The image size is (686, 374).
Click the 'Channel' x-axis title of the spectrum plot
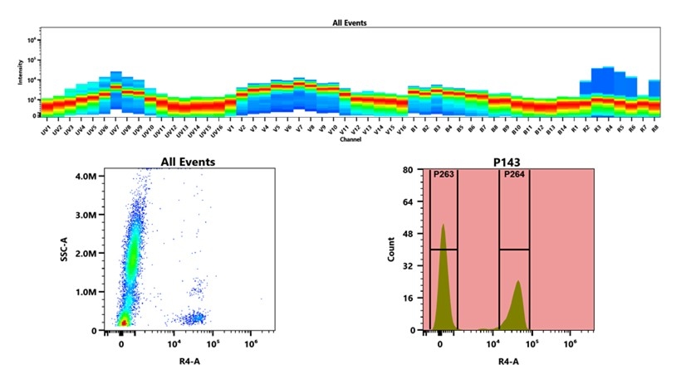(350, 139)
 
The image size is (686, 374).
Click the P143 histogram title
(512, 163)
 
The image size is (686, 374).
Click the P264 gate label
(513, 175)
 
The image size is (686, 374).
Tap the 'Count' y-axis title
(391, 250)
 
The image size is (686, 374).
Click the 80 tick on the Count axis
(409, 170)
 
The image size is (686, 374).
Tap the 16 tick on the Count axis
(409, 298)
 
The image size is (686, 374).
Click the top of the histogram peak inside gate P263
(443, 225)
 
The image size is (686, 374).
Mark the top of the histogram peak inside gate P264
(518, 281)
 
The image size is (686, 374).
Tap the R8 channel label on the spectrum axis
(654, 131)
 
